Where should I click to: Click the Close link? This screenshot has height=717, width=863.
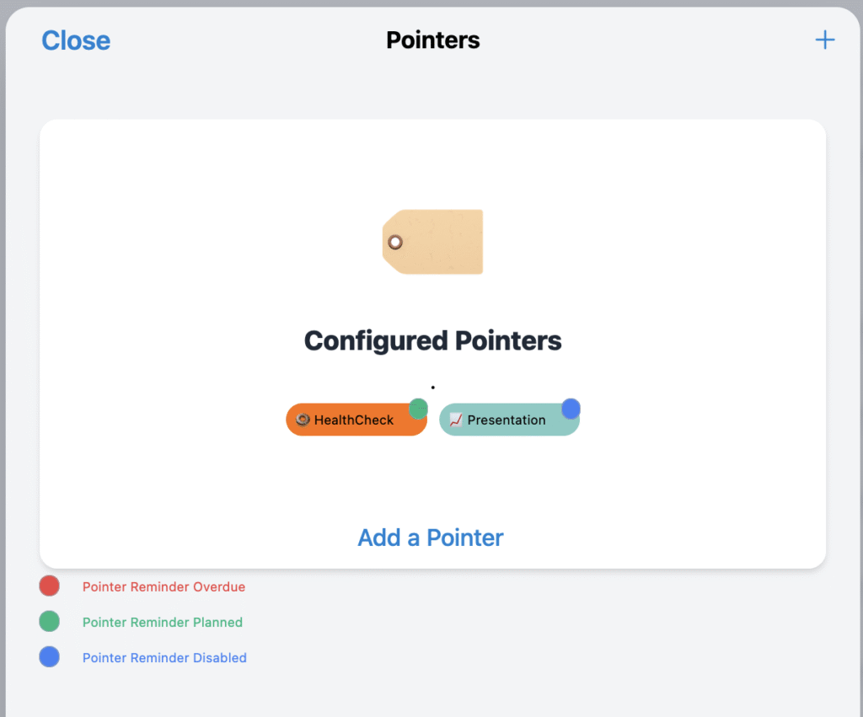76,40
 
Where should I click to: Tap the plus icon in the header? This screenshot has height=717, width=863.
824,40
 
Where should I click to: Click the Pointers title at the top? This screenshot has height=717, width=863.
432,40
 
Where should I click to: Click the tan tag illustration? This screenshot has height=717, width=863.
432,242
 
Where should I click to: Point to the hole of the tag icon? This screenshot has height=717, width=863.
395,242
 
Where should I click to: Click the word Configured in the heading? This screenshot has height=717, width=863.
376,341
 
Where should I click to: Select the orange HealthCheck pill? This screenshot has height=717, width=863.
356,420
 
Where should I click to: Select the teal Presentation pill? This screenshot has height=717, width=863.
509,420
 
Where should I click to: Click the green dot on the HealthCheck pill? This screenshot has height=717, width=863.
418,409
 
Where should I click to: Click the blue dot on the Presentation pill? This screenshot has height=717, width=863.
571,409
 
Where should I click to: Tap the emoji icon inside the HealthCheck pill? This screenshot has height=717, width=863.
303,420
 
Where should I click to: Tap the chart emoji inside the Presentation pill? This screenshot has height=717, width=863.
456,420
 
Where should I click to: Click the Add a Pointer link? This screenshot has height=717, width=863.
431,538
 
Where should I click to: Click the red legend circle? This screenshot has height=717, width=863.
50,586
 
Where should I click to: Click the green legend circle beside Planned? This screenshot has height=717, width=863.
50,621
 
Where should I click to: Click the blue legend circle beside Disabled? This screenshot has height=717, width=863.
50,657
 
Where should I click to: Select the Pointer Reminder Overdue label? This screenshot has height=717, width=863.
164,586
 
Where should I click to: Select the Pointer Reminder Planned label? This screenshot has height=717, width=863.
163,622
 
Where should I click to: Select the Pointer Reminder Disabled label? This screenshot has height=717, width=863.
164,657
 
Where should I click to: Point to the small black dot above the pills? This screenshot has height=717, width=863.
433,388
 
